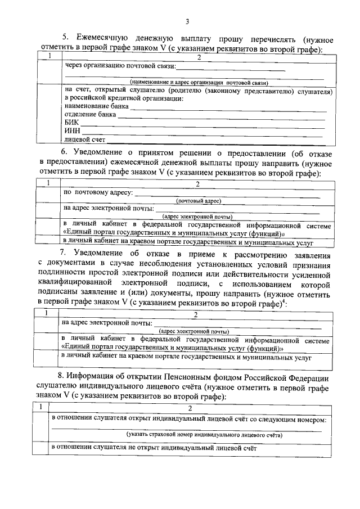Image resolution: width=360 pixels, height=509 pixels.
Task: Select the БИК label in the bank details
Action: (71, 122)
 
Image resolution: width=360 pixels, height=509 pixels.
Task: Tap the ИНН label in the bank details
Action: (72, 130)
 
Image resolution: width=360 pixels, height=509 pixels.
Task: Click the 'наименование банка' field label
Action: (96, 106)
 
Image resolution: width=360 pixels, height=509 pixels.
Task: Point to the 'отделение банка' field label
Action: (91, 114)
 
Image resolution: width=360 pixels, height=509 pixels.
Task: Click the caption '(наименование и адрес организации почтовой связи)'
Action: (195, 82)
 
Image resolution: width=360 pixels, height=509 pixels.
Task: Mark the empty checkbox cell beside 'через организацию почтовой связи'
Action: (49, 73)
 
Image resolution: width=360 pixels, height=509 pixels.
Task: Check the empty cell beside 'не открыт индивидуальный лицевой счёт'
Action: (40, 448)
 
